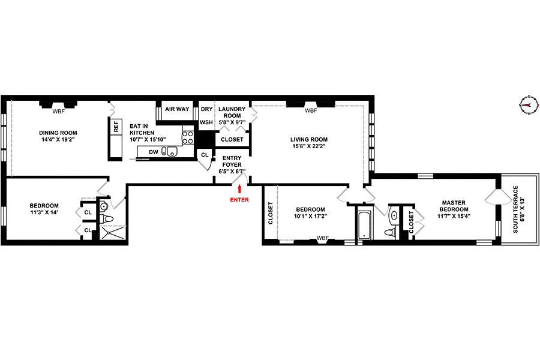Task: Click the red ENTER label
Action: tap(239, 199)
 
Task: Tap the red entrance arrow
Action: tap(239, 190)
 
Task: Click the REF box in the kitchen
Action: tap(115, 127)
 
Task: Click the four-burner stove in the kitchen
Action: tap(187, 137)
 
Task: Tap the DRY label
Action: tap(206, 109)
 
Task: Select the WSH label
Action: tap(206, 122)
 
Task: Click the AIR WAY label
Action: tap(177, 109)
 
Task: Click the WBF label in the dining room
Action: tap(58, 111)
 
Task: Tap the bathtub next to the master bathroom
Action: tap(364, 224)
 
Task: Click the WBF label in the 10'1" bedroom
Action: tap(322, 238)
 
